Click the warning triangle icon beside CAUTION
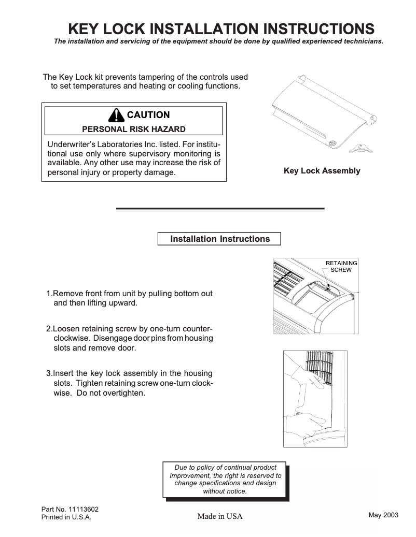pos(117,114)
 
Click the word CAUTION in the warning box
pos(148,115)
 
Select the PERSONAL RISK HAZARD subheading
pos(134,129)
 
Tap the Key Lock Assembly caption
pos(322,171)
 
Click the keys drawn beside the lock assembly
pos(361,150)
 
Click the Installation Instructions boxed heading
pos(220,239)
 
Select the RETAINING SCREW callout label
pos(341,267)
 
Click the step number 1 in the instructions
pos(49,294)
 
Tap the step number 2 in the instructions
pos(49,329)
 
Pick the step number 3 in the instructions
pos(49,373)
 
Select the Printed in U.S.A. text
pos(66,518)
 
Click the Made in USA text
pos(219,517)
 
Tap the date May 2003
pos(383,515)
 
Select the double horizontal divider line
pos(220,209)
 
